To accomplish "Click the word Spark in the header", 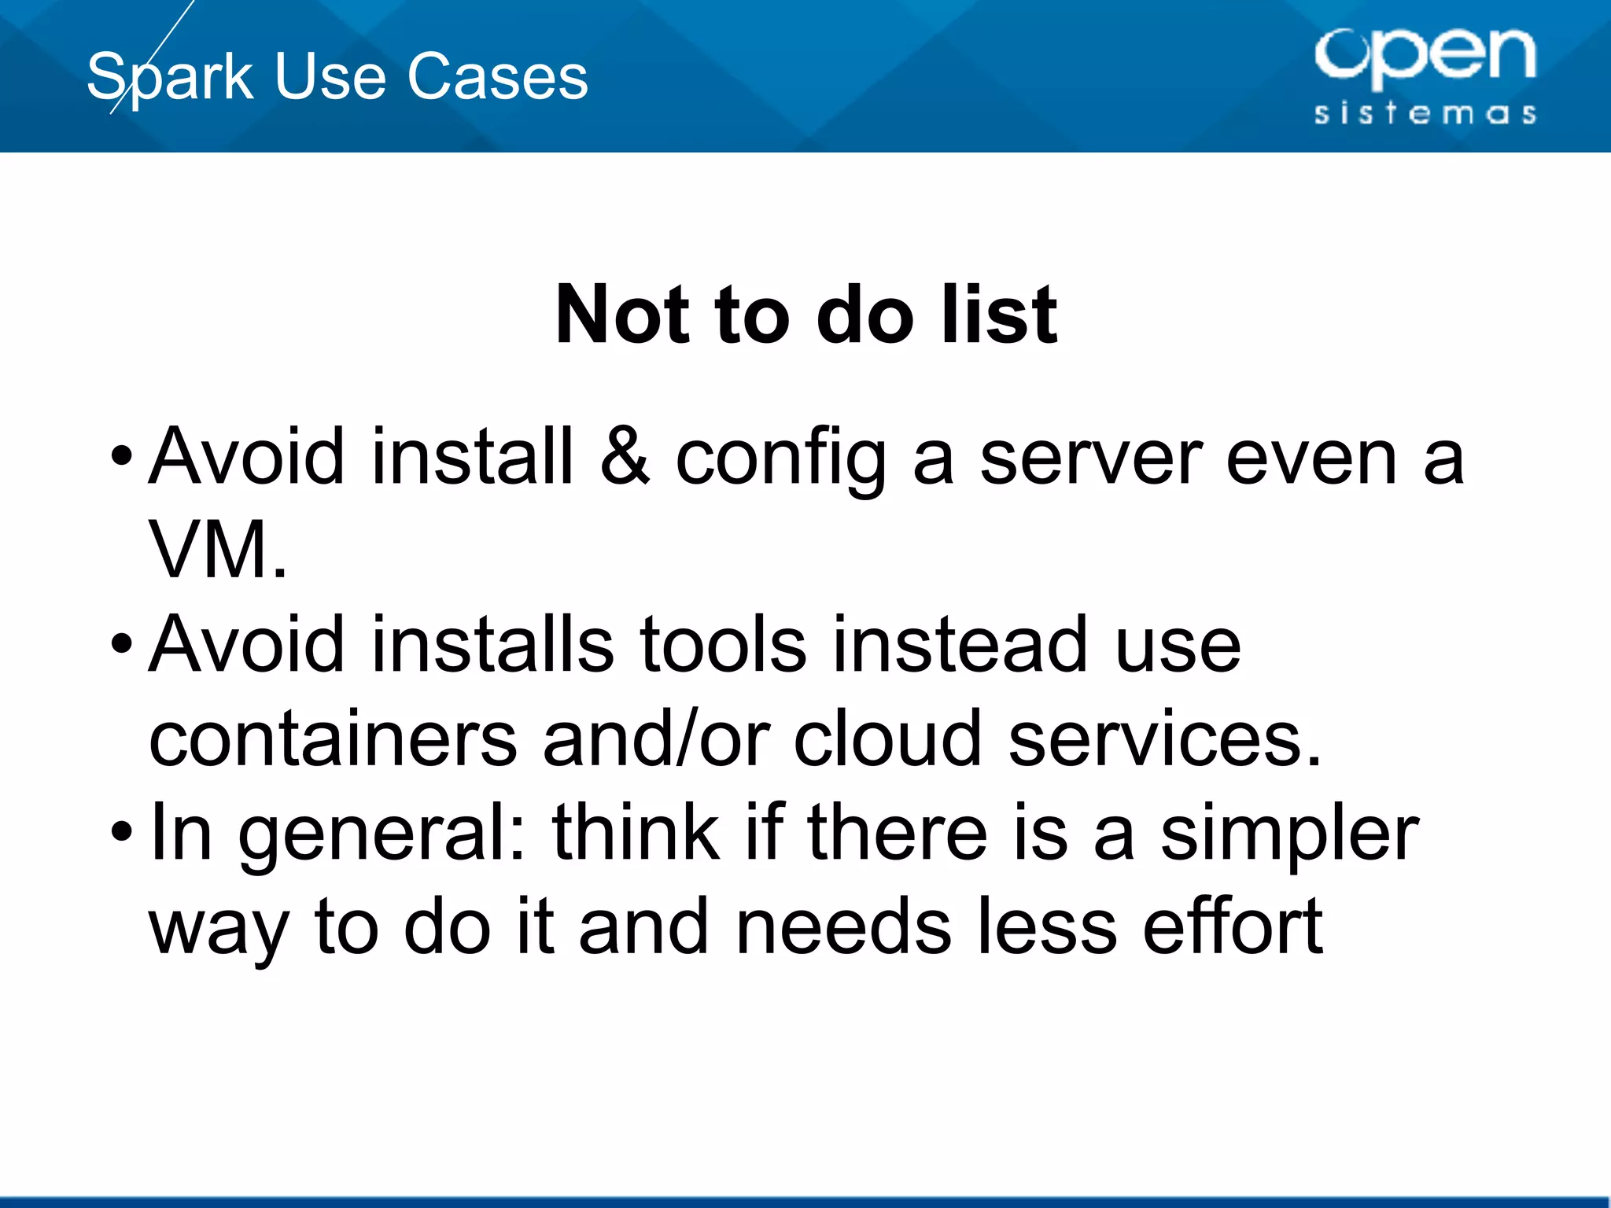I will coord(170,77).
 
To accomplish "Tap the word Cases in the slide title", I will coord(497,77).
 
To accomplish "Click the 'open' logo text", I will coord(1425,55).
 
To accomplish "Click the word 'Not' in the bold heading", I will coord(622,315).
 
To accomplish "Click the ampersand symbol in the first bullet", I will coord(625,456).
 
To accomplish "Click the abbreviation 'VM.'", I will coord(218,551).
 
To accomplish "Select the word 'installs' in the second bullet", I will coord(492,645).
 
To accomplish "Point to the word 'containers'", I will coord(333,739).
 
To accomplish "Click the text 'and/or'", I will coord(656,739).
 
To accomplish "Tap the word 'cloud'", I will coord(888,739).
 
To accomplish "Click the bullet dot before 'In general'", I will coord(121,831).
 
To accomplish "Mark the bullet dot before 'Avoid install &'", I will coord(121,455).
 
